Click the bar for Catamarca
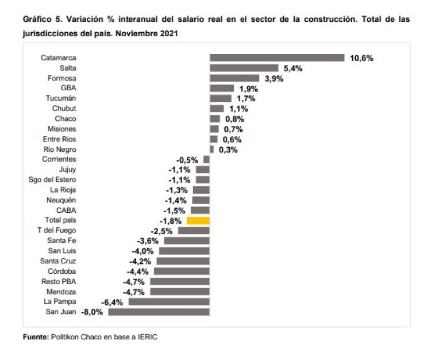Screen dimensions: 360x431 [x=277, y=58]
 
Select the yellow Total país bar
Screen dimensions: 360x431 [x=199, y=220]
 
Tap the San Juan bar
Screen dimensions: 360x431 [x=159, y=312]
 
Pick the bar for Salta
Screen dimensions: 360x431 [x=244, y=68]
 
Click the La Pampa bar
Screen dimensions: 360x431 [x=169, y=301]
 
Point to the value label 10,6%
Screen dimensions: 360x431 [x=361, y=58]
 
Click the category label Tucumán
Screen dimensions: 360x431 [x=61, y=98]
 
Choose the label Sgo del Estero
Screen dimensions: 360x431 [x=52, y=179]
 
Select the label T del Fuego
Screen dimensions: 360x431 [x=56, y=230]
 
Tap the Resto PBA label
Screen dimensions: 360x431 [x=59, y=281]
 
